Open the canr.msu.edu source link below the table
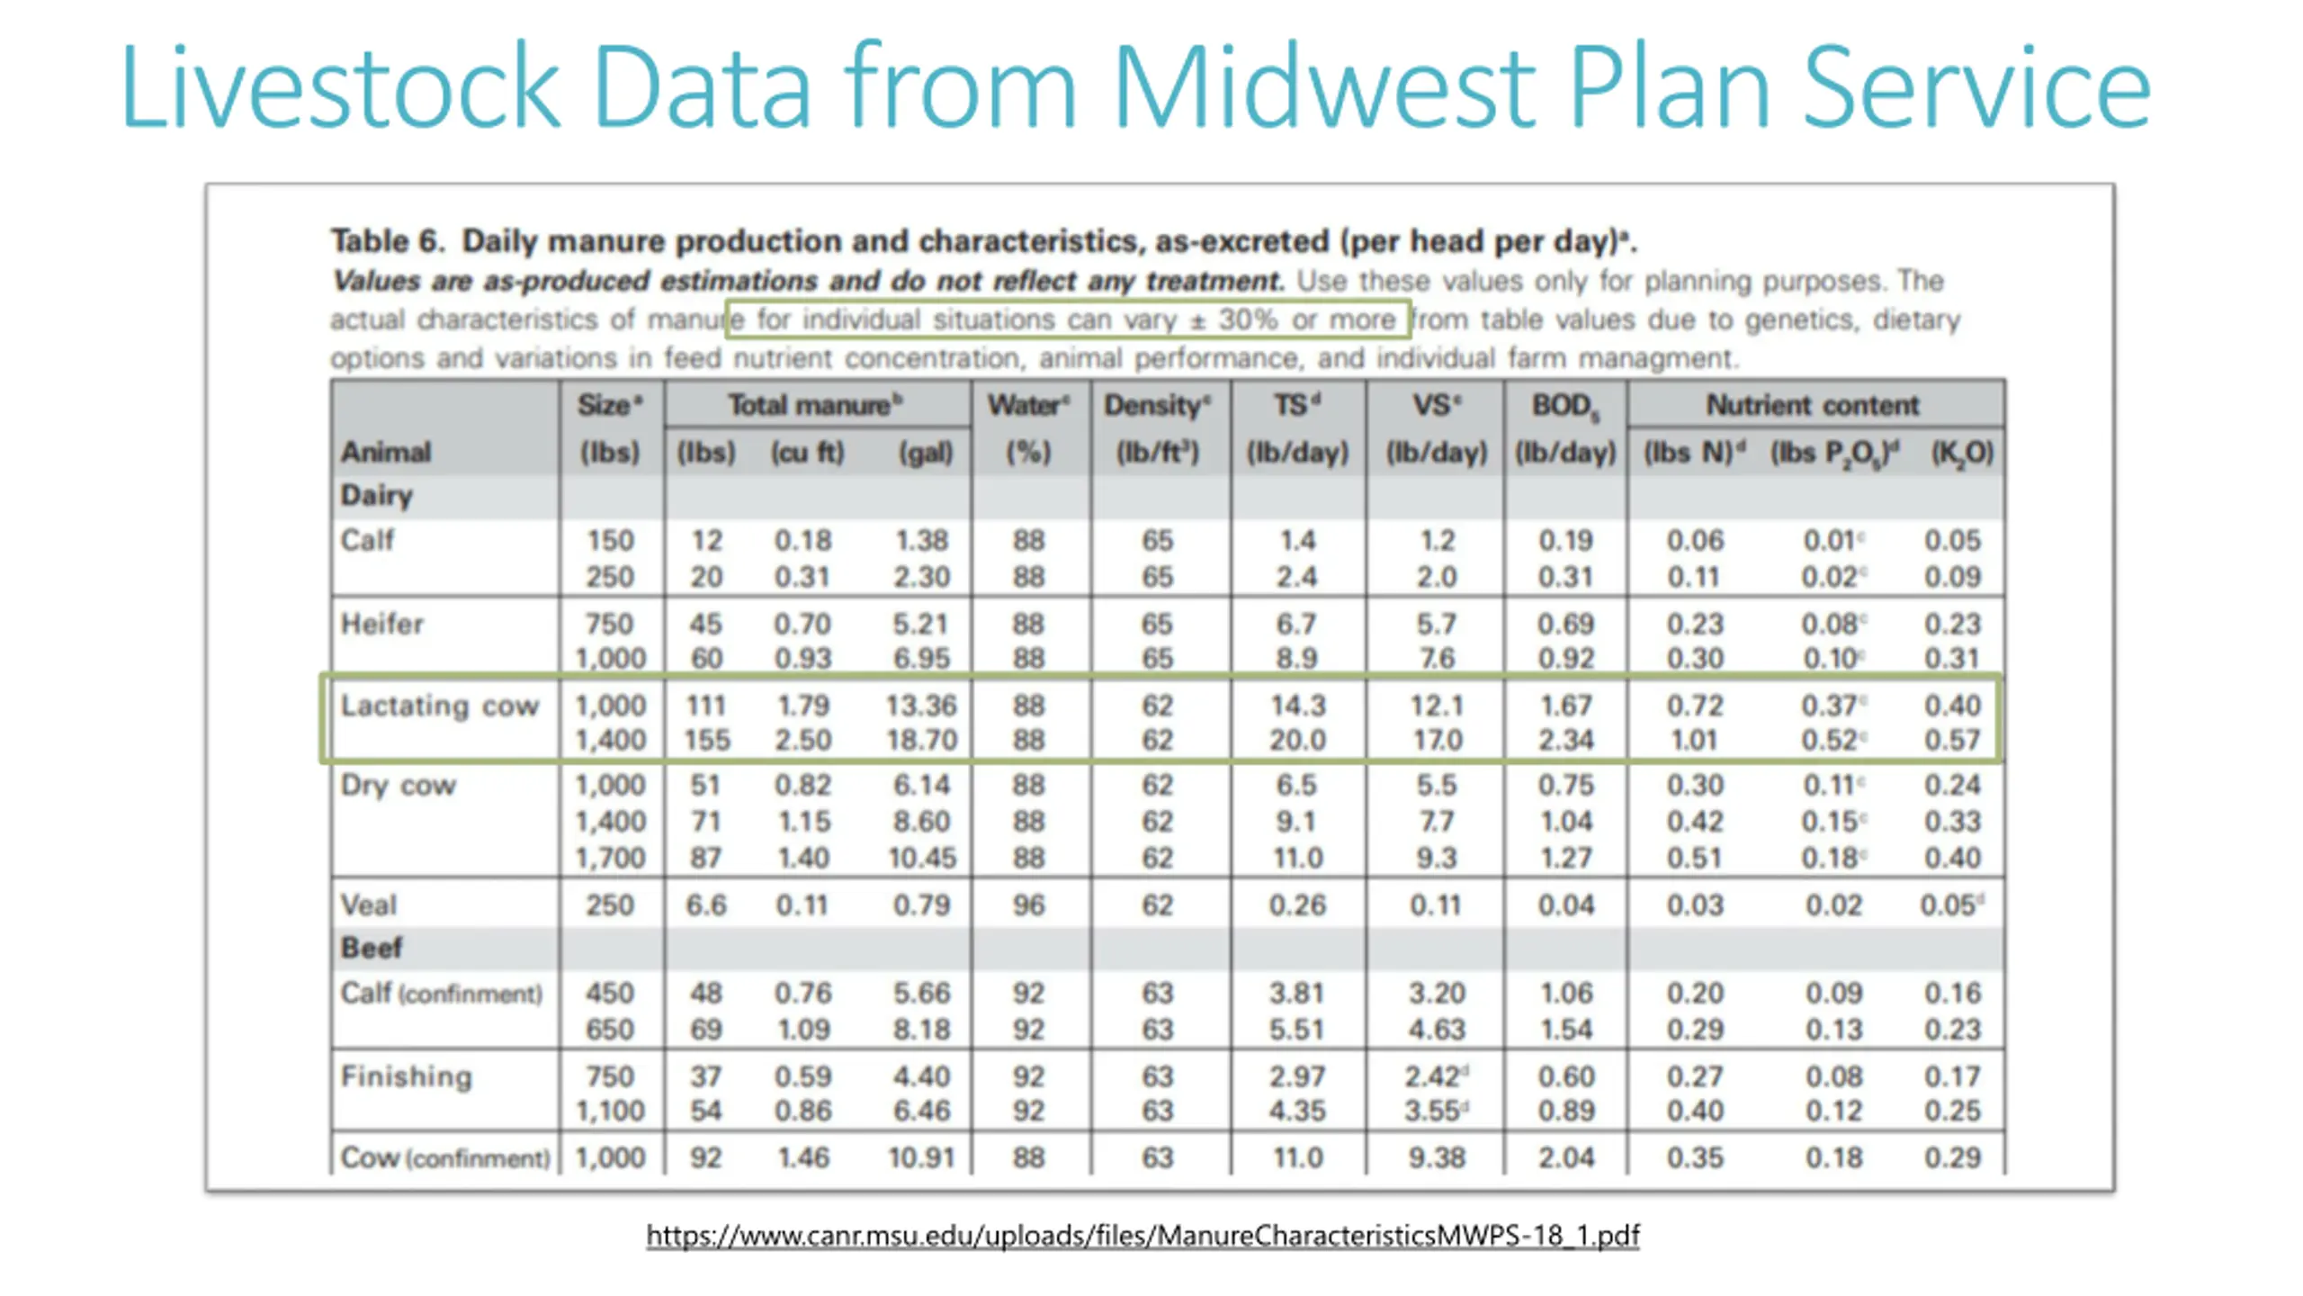click(x=1143, y=1235)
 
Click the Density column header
click(x=1157, y=406)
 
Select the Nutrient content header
click(x=1813, y=406)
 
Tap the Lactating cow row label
click(x=439, y=706)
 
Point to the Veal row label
click(x=368, y=904)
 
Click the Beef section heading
click(x=371, y=948)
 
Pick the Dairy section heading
click(x=376, y=495)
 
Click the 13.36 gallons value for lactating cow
click(x=921, y=706)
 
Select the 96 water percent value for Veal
click(x=1028, y=904)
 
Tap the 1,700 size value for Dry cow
click(x=610, y=858)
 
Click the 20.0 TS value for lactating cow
click(x=1297, y=740)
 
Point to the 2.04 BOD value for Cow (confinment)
click(x=1565, y=1157)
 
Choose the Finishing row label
click(x=406, y=1076)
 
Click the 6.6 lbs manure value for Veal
click(x=706, y=904)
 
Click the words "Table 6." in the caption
click(x=388, y=241)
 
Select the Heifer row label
click(x=381, y=624)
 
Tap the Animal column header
click(x=386, y=452)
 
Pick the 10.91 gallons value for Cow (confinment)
click(x=921, y=1157)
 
